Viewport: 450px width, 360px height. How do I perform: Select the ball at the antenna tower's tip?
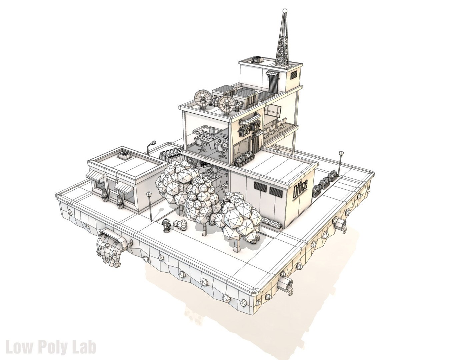coord(284,11)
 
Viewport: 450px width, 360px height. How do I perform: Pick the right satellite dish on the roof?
coord(226,104)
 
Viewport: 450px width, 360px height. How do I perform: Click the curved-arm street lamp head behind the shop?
coord(153,143)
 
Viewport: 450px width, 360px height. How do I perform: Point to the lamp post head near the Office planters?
coord(341,153)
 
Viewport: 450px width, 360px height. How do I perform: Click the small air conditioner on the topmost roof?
coord(257,59)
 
